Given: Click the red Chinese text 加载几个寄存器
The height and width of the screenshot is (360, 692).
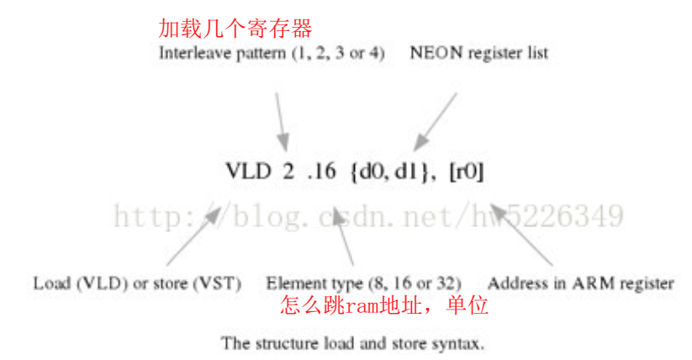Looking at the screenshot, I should click(x=235, y=29).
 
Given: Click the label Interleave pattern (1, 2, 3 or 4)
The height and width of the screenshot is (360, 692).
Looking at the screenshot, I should click(x=272, y=53).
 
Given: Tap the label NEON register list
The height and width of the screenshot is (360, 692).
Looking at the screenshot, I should click(x=478, y=53).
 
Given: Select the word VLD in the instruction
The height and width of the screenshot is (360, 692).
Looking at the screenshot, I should click(x=248, y=172).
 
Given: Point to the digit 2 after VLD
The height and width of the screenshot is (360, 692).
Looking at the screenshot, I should click(x=288, y=172).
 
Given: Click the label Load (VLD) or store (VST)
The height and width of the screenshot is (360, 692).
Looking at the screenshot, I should click(x=137, y=283).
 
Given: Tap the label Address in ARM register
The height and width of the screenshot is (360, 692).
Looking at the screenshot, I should click(x=580, y=283).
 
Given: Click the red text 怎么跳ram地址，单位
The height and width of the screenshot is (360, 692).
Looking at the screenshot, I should click(x=384, y=305).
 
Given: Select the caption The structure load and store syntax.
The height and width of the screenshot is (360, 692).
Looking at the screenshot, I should click(x=352, y=343).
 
